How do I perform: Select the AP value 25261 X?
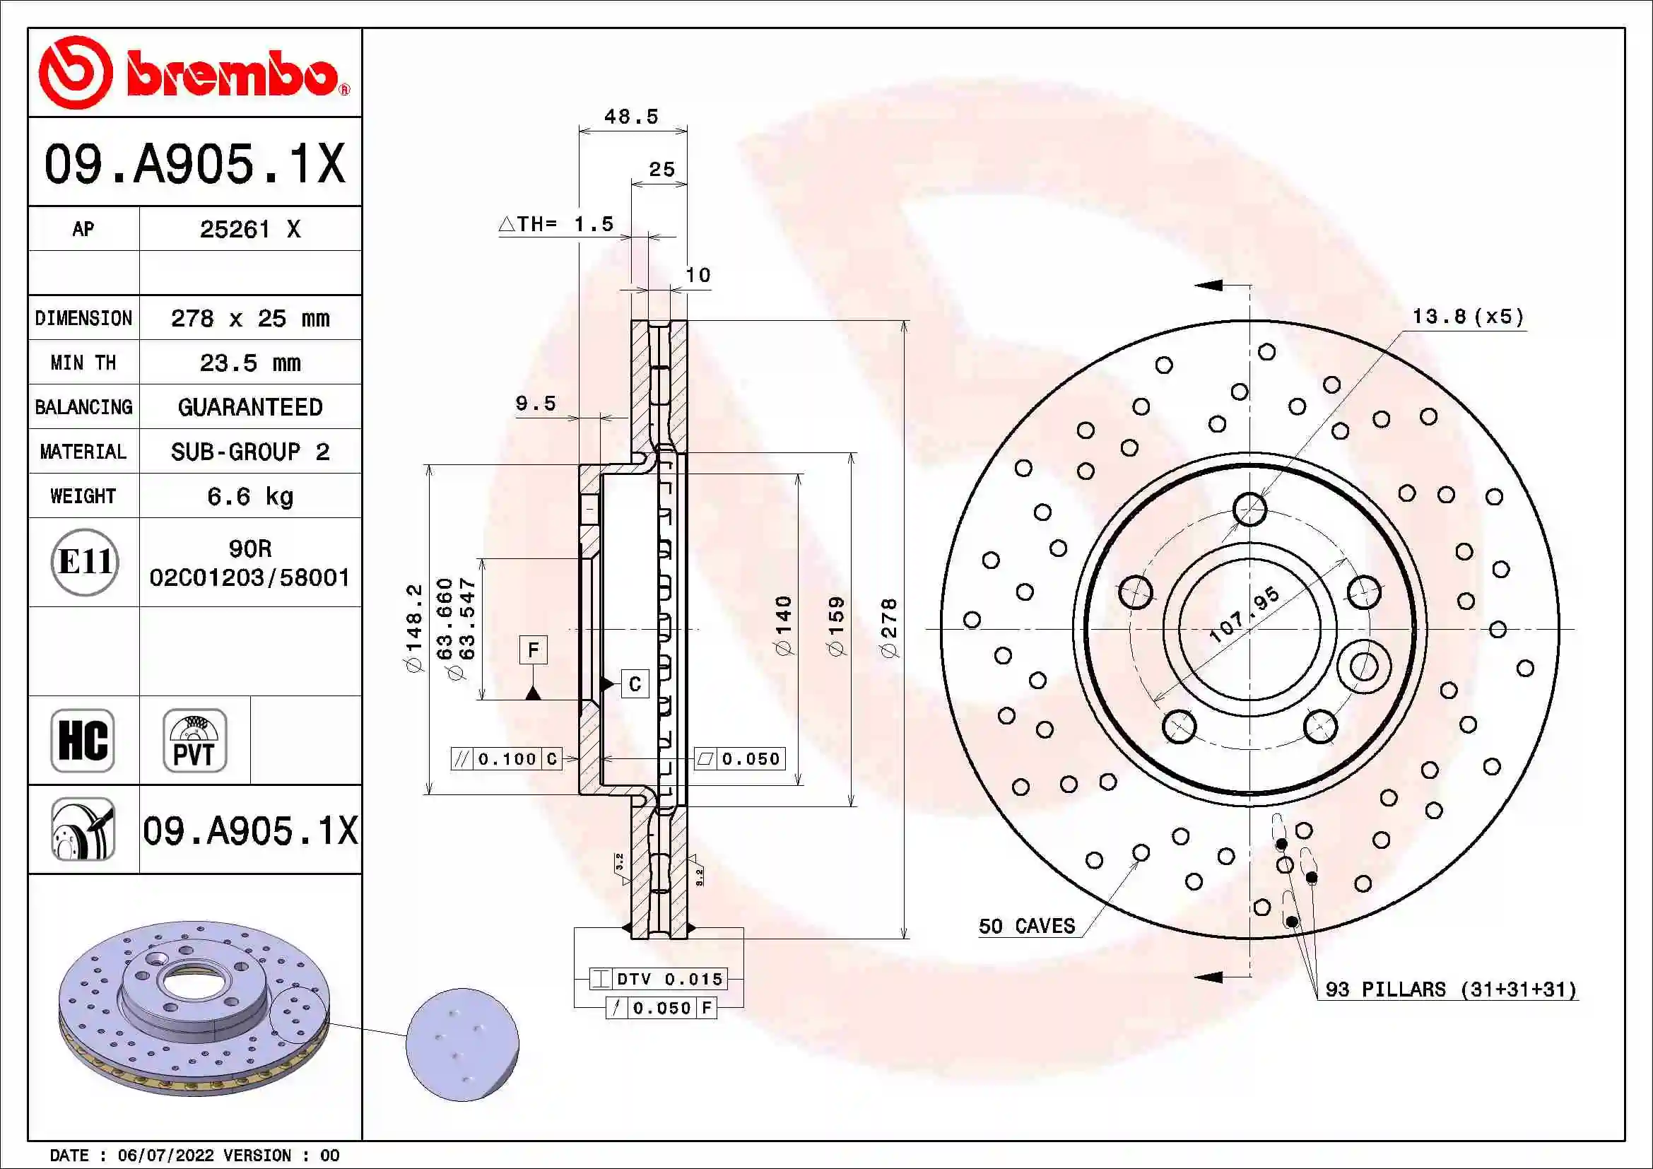pos(249,230)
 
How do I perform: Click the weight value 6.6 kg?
pos(249,496)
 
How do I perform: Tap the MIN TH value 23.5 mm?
pos(249,363)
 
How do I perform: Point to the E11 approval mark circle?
pos(84,562)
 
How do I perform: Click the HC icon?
pos(83,740)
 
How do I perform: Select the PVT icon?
pos(194,740)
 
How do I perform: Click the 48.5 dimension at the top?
pos(631,117)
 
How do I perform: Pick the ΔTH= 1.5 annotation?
pos(556,224)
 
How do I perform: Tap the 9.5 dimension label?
pos(536,403)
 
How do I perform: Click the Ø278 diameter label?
pos(890,628)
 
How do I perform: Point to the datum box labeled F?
pos(533,650)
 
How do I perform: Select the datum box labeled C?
pos(634,684)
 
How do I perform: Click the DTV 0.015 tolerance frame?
pos(658,979)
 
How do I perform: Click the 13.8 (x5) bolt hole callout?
pos(1468,317)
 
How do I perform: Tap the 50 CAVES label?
pos(1027,927)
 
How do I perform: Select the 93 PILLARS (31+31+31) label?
pos(1451,989)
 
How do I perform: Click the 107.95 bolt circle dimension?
pos(1245,615)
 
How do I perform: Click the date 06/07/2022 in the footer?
pos(165,1156)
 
